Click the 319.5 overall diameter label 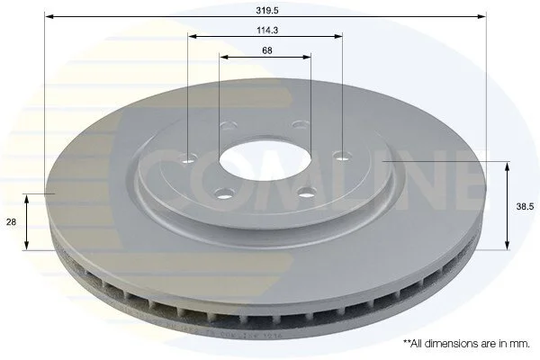tap(267, 10)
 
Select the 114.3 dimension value tap(267, 31)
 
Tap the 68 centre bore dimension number tap(267, 50)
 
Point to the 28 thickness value tap(11, 222)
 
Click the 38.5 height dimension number tap(525, 207)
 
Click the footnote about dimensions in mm tap(466, 344)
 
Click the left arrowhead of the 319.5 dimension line tap(49, 16)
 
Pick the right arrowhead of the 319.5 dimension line tap(481, 16)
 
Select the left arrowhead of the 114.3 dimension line tap(193, 36)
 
